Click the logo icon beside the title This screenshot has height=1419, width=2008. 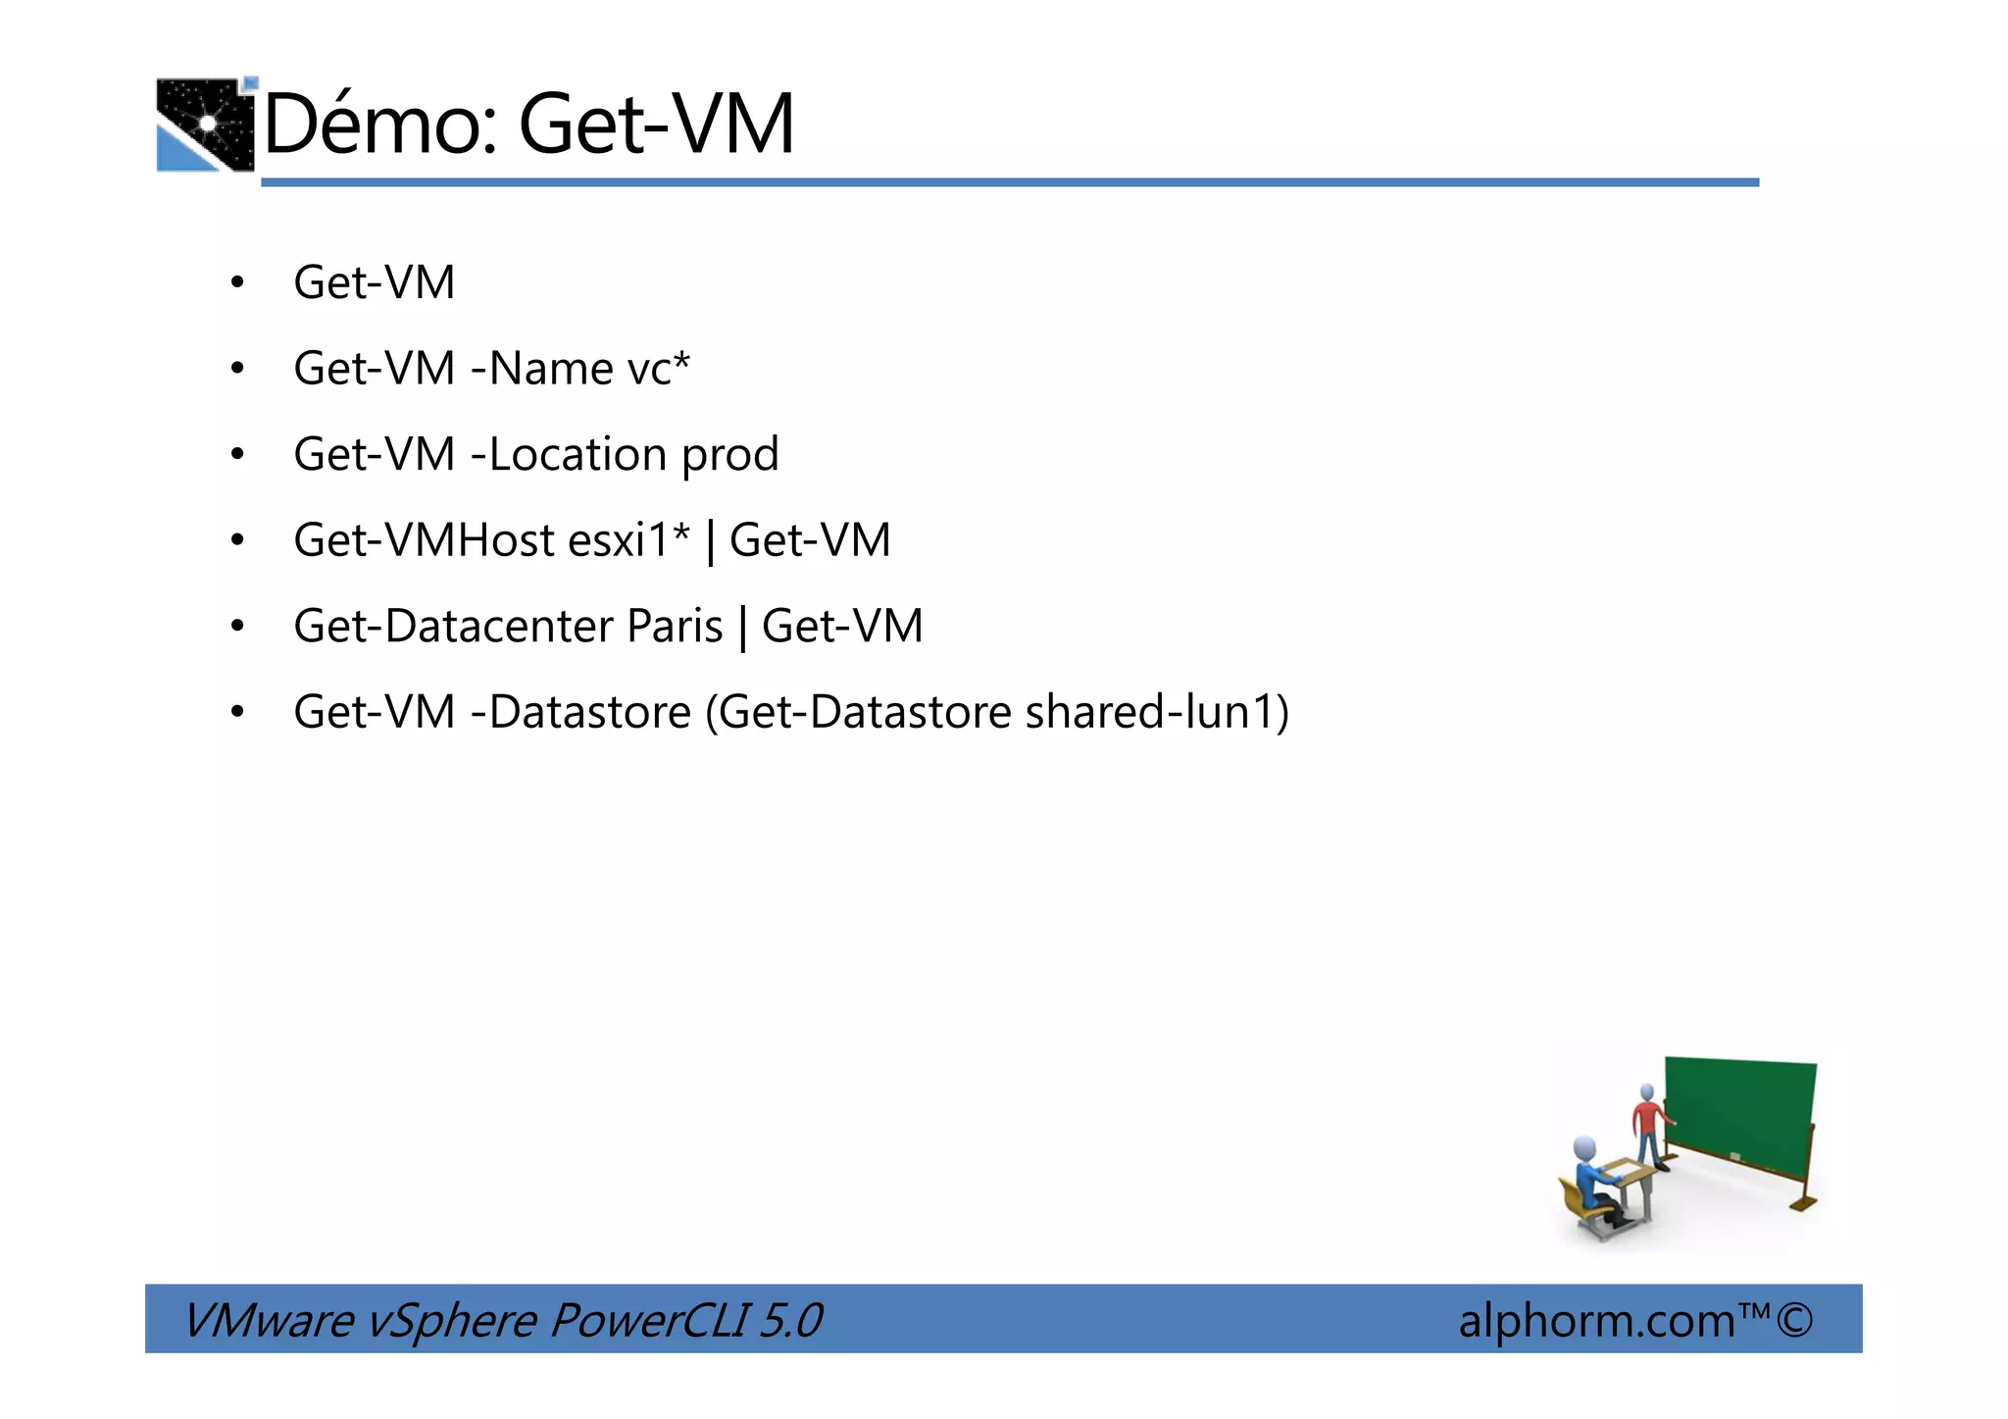[x=206, y=125]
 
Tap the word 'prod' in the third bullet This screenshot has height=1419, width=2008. [x=729, y=455]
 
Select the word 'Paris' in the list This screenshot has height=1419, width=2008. [x=675, y=627]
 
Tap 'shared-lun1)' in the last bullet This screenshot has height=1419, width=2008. [x=1157, y=712]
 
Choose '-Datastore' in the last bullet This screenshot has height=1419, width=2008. [x=580, y=712]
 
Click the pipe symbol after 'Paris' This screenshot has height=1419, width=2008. [x=742, y=628]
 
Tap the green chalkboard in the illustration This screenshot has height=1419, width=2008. [x=1739, y=1118]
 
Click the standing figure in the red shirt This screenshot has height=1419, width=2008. [x=1648, y=1124]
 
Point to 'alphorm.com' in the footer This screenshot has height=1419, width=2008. [x=1596, y=1321]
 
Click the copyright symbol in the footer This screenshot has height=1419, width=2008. [x=1793, y=1320]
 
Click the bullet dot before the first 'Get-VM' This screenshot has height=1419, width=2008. [x=237, y=284]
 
